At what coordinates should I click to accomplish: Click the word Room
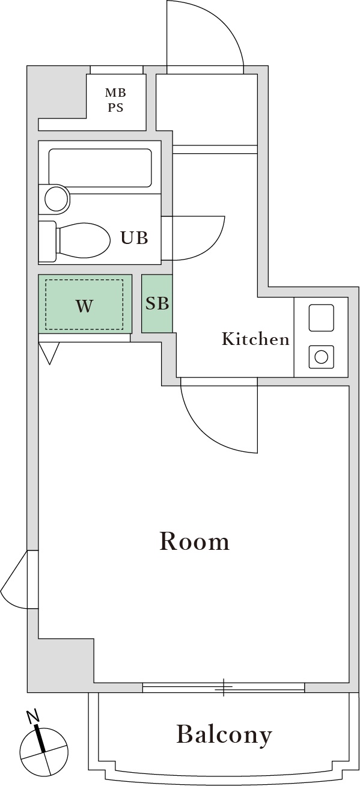click(194, 541)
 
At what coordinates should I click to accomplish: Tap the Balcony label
click(224, 734)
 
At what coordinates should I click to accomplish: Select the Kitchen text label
click(255, 340)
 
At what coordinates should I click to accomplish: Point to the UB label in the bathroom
click(134, 237)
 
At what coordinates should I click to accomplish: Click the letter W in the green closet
click(85, 306)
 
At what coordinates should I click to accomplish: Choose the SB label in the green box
click(157, 303)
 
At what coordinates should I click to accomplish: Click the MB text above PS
click(115, 93)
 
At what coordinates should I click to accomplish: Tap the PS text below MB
click(115, 108)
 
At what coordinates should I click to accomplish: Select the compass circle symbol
click(44, 751)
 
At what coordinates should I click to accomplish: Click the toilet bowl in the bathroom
click(82, 241)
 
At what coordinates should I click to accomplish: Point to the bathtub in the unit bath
click(100, 168)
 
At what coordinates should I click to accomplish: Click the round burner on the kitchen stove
click(321, 358)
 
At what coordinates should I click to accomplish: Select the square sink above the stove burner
click(321, 317)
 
